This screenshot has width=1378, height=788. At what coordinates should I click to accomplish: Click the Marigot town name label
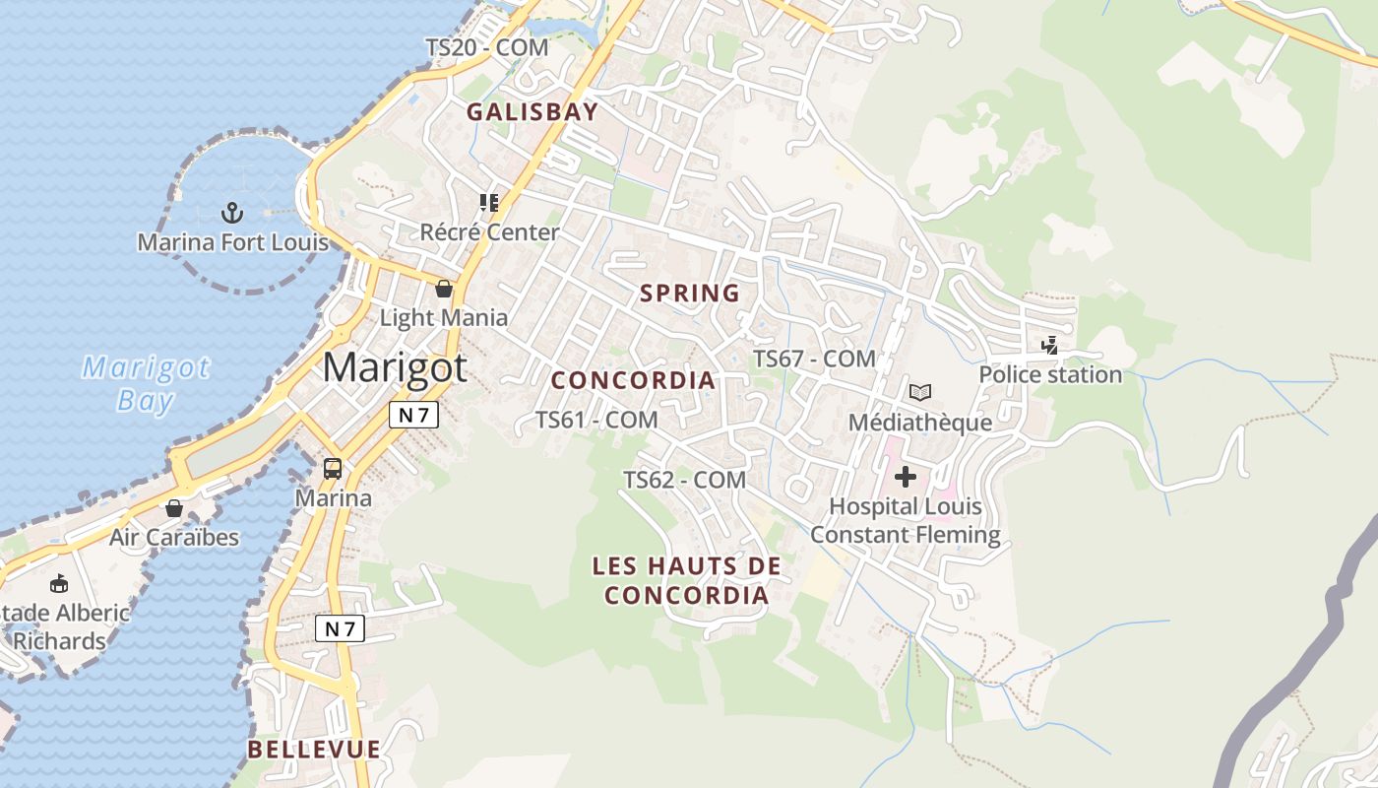coord(395,367)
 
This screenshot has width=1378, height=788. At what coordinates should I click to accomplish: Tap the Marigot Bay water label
coord(146,384)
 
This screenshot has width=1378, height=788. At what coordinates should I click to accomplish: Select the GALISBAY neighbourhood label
coord(532,112)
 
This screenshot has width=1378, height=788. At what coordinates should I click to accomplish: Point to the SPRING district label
coord(690,294)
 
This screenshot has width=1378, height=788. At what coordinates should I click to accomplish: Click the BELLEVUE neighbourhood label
coord(314,750)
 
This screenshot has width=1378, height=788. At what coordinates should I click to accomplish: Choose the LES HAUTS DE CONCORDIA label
coord(687,581)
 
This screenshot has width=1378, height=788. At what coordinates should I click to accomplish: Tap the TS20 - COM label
coord(486,47)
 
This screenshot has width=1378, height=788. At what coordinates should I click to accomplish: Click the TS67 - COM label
coord(814,359)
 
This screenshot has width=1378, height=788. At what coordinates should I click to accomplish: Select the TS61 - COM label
coord(596,420)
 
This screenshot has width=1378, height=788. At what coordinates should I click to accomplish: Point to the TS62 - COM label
coord(685,480)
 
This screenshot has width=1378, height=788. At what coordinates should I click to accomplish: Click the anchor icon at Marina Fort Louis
coord(232,212)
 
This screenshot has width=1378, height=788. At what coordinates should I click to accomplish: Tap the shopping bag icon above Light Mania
coord(444,289)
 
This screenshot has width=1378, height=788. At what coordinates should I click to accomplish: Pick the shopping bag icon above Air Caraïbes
coord(174,508)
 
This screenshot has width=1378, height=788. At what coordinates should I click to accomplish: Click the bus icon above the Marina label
coord(333,469)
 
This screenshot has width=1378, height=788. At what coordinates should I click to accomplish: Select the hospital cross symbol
coord(905,478)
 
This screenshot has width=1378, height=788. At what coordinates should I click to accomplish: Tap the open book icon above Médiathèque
coord(920,393)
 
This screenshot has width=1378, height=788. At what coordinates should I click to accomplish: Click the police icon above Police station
coord(1050,346)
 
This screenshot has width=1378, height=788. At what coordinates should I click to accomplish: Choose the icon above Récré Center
coord(489,203)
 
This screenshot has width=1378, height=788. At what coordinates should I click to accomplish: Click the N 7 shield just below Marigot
coord(413,416)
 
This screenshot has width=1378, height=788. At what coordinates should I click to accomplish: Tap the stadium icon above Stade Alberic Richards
coord(59,583)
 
